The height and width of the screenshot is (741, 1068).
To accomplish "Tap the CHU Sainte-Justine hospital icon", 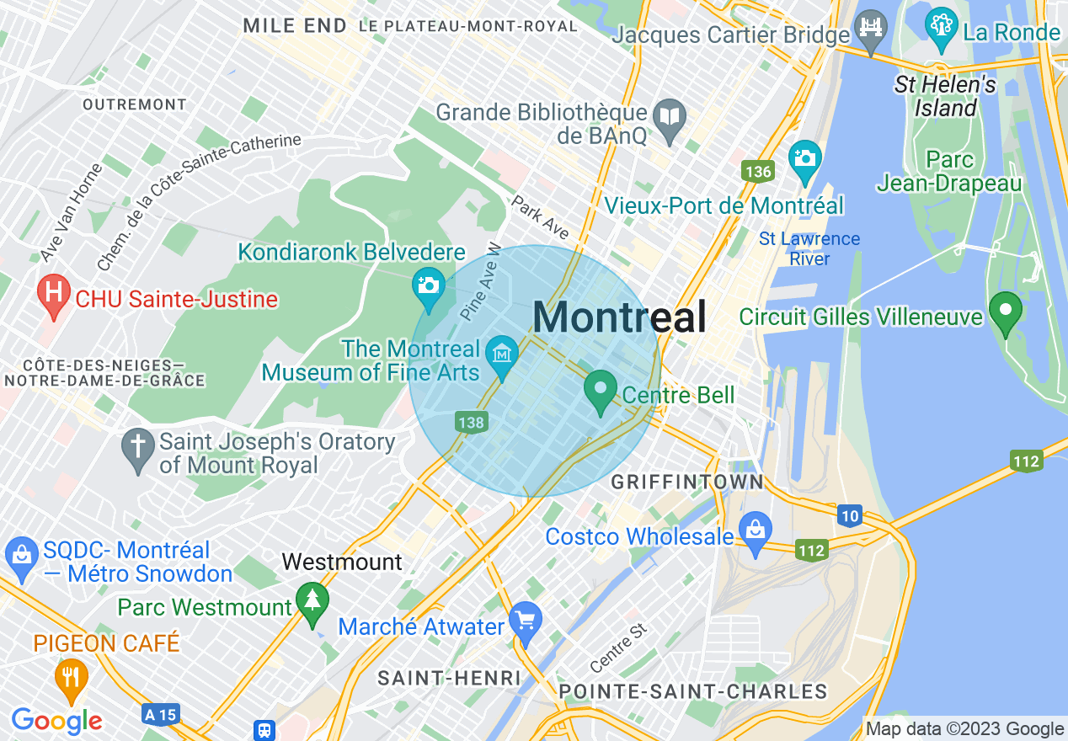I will click(54, 296).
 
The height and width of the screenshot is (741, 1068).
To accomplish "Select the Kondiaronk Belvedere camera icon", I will click(429, 285).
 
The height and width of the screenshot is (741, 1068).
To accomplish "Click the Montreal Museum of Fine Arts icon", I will click(503, 353).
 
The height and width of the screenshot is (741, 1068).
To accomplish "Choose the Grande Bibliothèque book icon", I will click(670, 116).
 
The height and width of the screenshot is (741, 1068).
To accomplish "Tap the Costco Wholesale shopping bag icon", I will click(756, 531).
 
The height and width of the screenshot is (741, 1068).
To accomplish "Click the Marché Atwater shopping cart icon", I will click(526, 621).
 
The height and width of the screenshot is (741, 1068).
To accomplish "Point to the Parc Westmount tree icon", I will click(313, 602).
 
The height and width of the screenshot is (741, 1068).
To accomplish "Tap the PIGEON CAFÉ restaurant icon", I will click(72, 677).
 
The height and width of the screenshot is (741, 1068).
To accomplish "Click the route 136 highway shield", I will click(757, 172).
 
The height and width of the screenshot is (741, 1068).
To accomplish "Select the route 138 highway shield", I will click(471, 422).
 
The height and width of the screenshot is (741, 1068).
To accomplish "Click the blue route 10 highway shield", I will click(850, 516).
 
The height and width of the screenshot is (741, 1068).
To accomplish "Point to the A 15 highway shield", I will click(160, 715).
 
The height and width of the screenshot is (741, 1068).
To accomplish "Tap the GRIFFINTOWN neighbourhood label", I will click(687, 482).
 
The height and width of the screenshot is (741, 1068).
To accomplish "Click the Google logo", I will click(56, 720).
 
